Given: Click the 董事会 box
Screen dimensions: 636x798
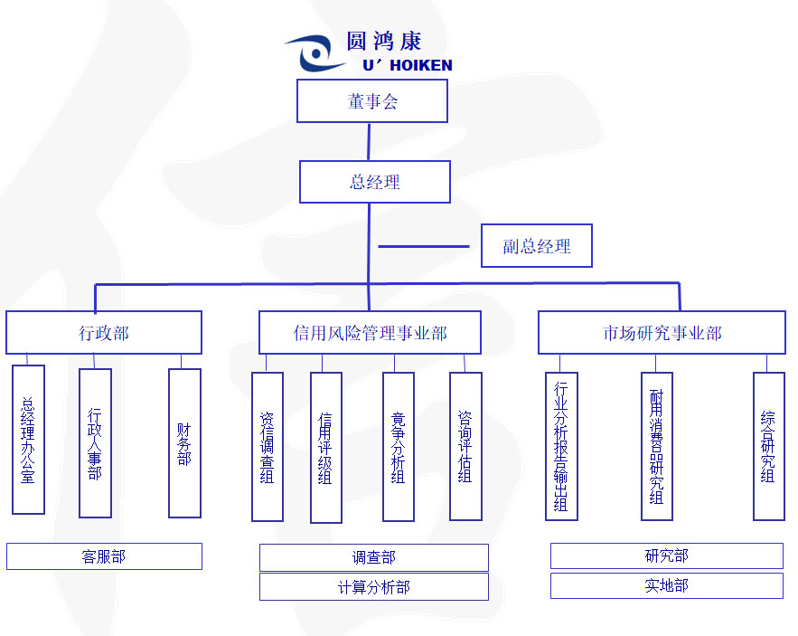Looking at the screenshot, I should (x=372, y=100).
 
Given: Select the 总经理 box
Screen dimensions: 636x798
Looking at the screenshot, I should (x=375, y=182).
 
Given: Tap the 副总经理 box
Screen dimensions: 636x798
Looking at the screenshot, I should (x=536, y=246).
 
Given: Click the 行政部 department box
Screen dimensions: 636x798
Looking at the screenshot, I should (x=104, y=333).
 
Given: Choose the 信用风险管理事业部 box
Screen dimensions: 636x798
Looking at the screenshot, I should (x=370, y=333).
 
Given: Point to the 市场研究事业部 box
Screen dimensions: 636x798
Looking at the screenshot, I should (x=662, y=333).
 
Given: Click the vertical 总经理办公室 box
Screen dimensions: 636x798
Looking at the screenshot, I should (x=28, y=440).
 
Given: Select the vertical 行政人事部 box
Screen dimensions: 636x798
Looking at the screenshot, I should (x=95, y=443).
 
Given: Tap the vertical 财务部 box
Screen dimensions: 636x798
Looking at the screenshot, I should (x=184, y=443).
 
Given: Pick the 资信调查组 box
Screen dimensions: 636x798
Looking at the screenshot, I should (x=268, y=447).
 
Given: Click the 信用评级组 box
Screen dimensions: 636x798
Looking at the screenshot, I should (x=325, y=448).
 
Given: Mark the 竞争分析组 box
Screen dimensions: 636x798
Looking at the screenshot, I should (x=399, y=447).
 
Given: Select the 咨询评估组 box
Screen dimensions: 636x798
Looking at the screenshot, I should (x=465, y=447).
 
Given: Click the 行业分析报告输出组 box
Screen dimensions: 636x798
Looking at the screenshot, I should (x=561, y=447).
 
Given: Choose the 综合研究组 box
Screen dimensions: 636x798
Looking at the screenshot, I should (x=768, y=447).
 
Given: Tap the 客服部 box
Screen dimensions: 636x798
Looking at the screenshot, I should (x=104, y=556).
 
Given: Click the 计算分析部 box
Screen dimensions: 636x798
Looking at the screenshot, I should (x=373, y=587).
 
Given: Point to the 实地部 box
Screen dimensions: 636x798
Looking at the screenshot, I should (x=666, y=585).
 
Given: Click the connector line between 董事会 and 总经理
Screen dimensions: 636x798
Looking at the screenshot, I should (x=370, y=142).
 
